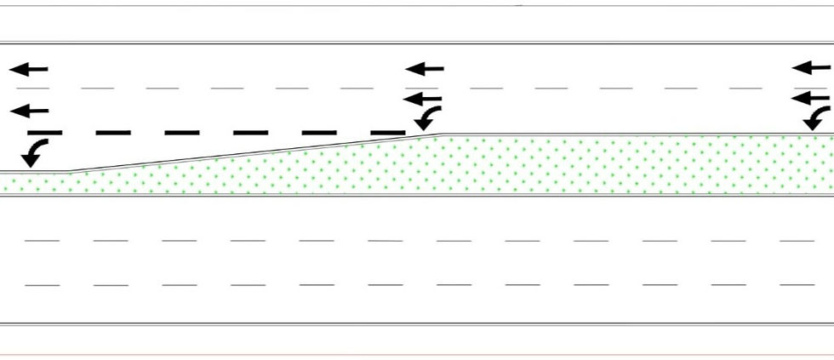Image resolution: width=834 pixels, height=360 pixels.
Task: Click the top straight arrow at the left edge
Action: coord(29,69)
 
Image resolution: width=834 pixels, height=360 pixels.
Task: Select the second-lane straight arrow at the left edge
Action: coord(29,111)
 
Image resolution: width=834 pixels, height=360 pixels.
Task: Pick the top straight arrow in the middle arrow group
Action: coord(425,68)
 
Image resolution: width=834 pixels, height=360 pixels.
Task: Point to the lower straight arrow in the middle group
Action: coord(423,100)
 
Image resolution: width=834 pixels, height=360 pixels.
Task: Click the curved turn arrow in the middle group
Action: coord(429,117)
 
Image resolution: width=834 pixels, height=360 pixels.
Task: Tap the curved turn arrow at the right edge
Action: coord(818,117)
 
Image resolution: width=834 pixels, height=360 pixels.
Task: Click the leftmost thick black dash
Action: coord(45,133)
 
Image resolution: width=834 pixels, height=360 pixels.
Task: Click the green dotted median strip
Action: coord(511,166)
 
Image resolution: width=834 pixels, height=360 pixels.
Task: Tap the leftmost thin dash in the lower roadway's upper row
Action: coord(42,241)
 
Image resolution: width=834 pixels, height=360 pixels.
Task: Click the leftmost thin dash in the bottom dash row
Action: coord(42,285)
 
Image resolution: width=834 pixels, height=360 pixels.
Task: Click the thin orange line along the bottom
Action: coord(417,355)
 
